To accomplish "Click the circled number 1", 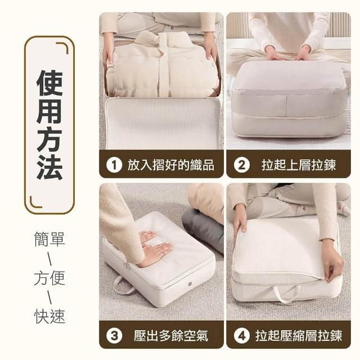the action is pyautogui.click(x=114, y=165).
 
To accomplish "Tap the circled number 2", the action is pyautogui.click(x=241, y=165).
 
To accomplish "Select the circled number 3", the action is pyautogui.click(x=114, y=336).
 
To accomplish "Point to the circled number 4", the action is pyautogui.click(x=241, y=336).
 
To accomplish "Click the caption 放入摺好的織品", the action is pyautogui.click(x=171, y=165).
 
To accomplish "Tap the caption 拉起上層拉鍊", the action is pyautogui.click(x=299, y=165).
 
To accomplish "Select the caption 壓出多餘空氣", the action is pyautogui.click(x=171, y=336).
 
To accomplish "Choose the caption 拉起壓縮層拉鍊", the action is pyautogui.click(x=299, y=336).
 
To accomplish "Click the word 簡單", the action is pyautogui.click(x=49, y=239).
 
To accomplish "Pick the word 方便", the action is pyautogui.click(x=49, y=277).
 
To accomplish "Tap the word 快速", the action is pyautogui.click(x=49, y=316).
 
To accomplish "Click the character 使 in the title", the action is pyautogui.click(x=49, y=83).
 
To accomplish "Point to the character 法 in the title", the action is pyautogui.click(x=49, y=166).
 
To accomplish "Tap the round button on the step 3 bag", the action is pyautogui.click(x=190, y=284).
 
